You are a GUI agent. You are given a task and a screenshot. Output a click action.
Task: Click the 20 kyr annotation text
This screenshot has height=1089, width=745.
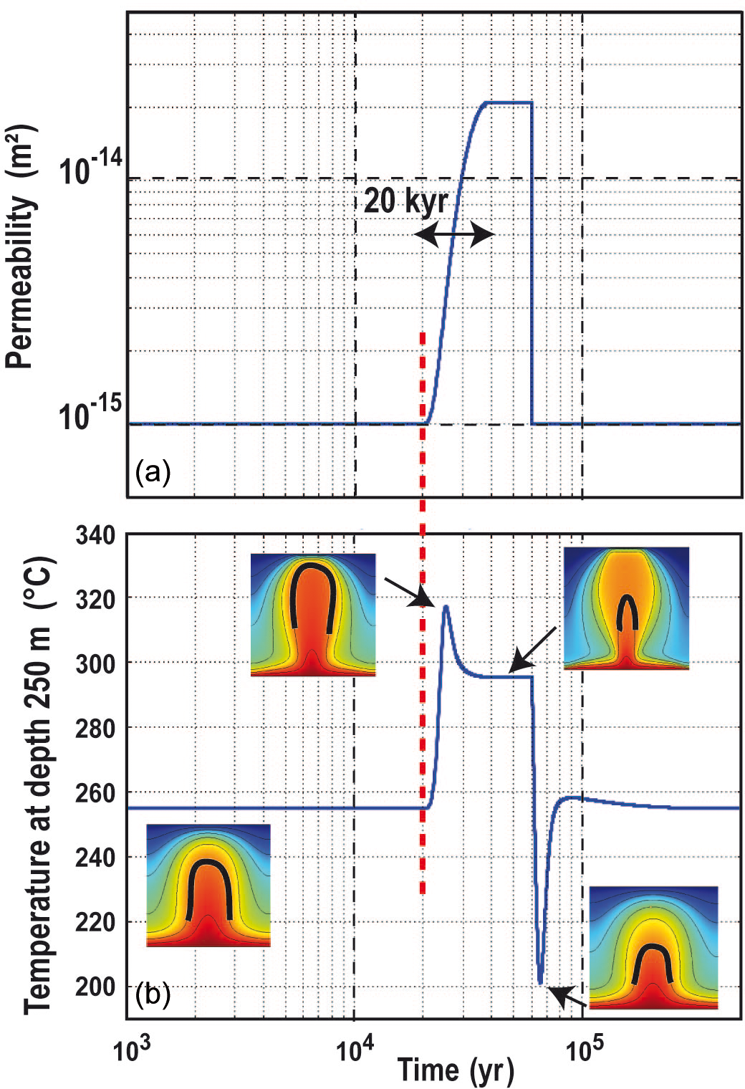pos(405,200)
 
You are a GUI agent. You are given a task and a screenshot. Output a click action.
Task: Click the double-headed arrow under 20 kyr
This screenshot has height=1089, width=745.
pos(455,234)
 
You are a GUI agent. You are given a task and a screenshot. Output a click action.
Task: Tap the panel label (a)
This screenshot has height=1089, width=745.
pos(153,472)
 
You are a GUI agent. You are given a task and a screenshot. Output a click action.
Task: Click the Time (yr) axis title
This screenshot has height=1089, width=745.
pos(456,1070)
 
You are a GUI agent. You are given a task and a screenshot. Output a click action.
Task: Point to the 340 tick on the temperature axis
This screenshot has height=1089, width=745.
pos(95,535)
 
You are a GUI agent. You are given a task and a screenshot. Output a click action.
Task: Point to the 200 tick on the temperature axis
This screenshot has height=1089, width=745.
pos(95,987)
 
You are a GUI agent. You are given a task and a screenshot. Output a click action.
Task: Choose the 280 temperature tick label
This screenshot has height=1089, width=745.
pos(95,729)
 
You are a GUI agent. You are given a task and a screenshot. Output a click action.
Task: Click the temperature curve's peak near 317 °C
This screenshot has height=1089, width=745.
pos(446,607)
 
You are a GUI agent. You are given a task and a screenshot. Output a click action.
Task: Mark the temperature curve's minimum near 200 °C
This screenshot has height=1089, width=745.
pos(540,982)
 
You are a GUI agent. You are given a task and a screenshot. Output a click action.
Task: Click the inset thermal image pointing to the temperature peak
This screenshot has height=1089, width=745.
pos(313,615)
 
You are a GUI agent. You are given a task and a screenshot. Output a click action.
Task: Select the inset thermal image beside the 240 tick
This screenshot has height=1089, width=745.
pos(208,886)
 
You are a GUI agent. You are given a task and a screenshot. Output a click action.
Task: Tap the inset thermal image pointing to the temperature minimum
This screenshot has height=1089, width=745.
pos(653,947)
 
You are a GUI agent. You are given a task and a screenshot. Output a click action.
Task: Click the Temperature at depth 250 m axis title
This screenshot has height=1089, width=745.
pos(39,785)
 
